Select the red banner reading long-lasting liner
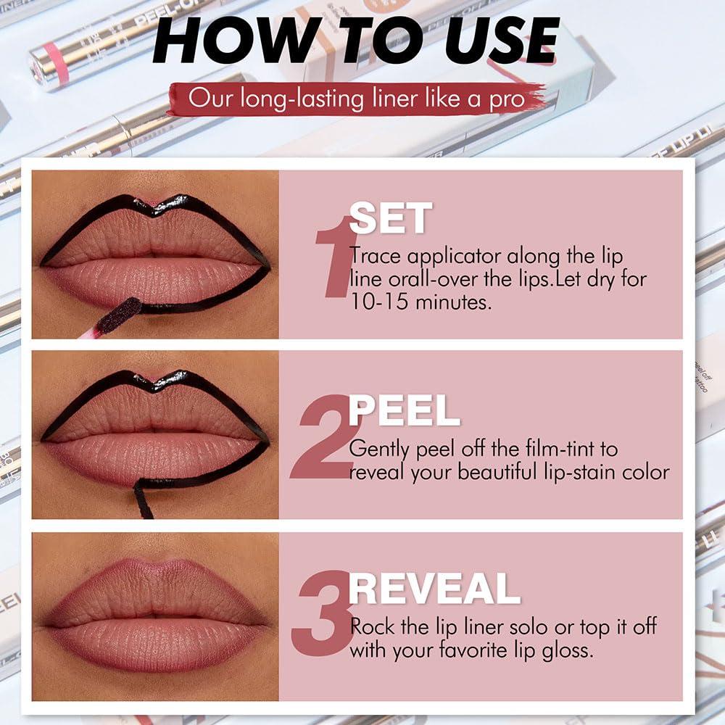tap(355, 99)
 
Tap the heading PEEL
tap(404, 411)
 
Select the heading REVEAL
tap(434, 589)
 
